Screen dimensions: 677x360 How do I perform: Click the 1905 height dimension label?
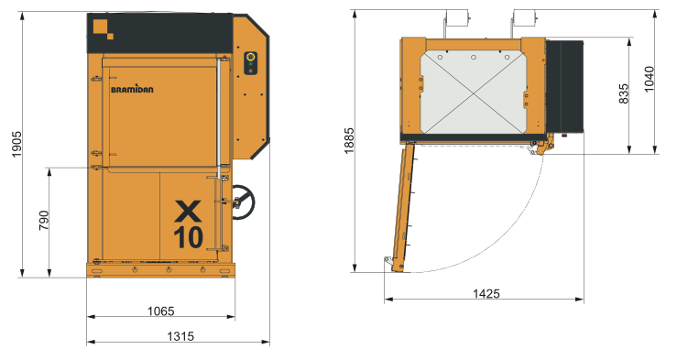pyautogui.click(x=16, y=144)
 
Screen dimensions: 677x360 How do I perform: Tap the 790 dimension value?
pyautogui.click(x=44, y=221)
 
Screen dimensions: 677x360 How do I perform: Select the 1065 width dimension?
pyautogui.click(x=160, y=311)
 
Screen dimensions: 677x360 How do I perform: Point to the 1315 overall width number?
pyautogui.click(x=180, y=336)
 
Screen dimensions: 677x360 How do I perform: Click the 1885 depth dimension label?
pyautogui.click(x=349, y=140)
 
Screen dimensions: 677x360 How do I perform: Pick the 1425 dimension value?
pyautogui.click(x=486, y=293)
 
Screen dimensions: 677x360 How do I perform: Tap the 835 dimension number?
pyautogui.click(x=624, y=93)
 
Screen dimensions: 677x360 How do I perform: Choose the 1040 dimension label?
pyautogui.click(x=649, y=79)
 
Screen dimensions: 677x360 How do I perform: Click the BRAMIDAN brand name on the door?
pyautogui.click(x=132, y=89)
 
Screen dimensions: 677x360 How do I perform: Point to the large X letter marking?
pyautogui.click(x=188, y=211)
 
